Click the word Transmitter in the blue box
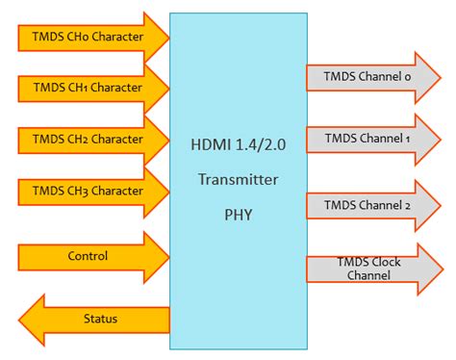click(238, 178)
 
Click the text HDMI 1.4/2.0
click(238, 146)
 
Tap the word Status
click(100, 317)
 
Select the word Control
click(88, 256)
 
